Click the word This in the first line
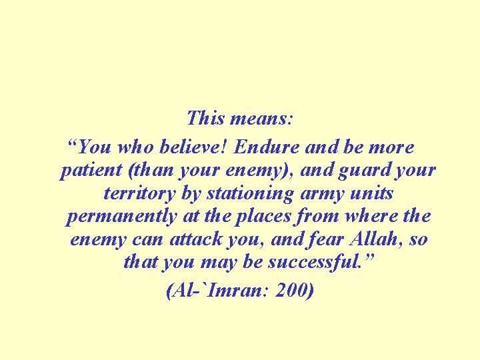(205, 119)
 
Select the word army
(321, 195)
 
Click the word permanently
(122, 217)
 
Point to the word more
(393, 147)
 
